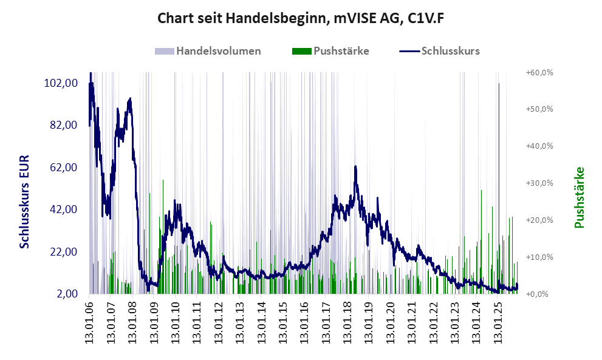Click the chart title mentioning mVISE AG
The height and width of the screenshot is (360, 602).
pos(301,18)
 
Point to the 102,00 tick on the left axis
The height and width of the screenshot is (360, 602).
pos(60,83)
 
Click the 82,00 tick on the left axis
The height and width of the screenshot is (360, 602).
pos(63,125)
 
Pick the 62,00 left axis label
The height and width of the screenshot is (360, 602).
pos(63,167)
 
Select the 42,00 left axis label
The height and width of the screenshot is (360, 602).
pos(63,209)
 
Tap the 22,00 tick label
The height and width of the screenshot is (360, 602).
pos(63,251)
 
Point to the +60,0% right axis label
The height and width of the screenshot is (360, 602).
pos(539,72)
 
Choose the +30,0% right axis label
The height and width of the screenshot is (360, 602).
pos(539,183)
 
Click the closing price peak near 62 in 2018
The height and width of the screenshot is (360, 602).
pos(355,166)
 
